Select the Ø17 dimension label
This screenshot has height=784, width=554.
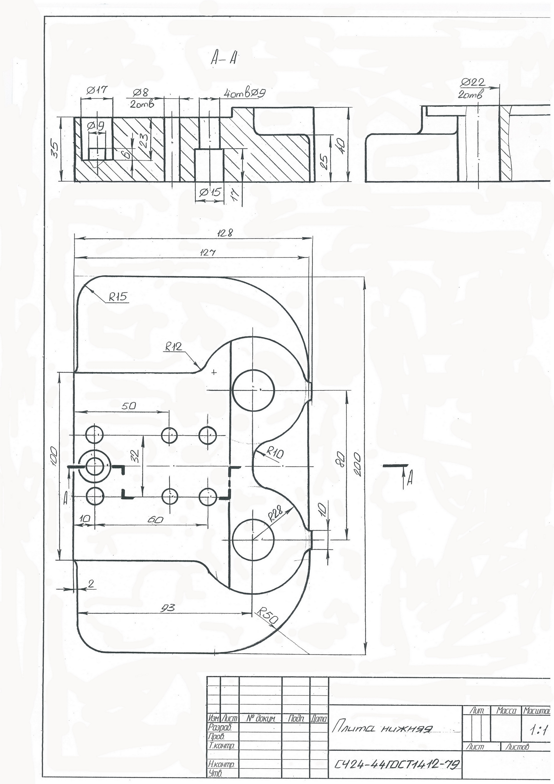97,90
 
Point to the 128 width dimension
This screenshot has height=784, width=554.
226,233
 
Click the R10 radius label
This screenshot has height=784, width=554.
275,454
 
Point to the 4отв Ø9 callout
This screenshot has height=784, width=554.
245,93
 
